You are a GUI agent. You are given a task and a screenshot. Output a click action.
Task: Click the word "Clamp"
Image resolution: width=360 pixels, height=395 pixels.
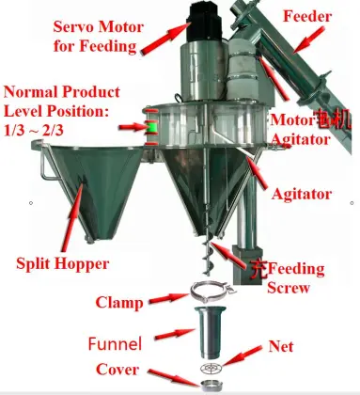click(121, 302)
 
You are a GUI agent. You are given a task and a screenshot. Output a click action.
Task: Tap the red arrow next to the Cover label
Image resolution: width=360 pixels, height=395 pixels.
click(169, 374)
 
